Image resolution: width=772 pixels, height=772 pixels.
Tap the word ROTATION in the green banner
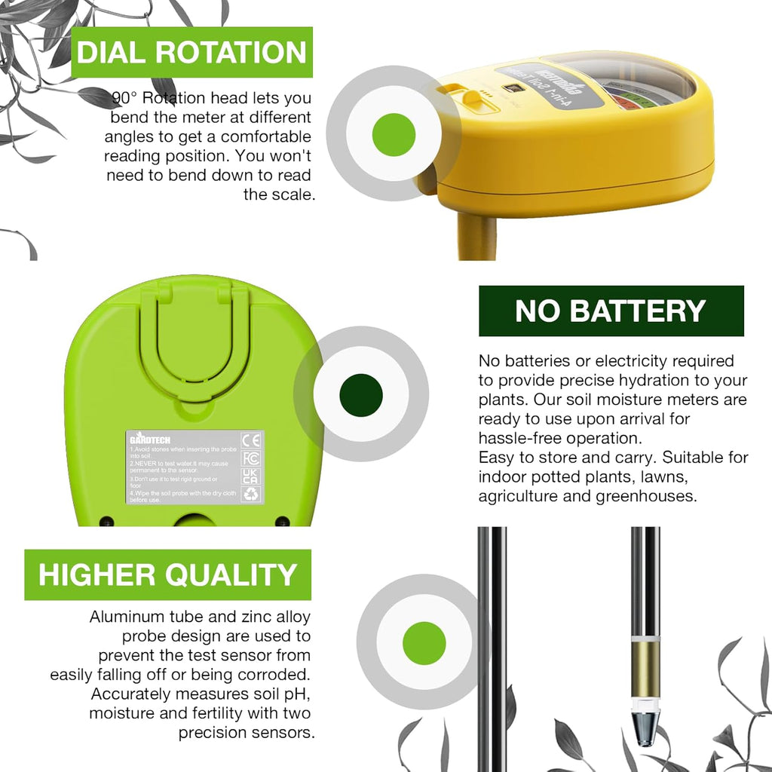pos(240,53)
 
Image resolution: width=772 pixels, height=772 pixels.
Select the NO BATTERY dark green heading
pos(611,311)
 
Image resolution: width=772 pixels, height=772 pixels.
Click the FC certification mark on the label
pos(251,458)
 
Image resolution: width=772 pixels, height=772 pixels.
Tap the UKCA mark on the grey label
pos(251,476)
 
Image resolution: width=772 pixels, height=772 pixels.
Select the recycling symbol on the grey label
pos(251,494)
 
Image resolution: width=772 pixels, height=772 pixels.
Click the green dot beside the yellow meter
pos(394,134)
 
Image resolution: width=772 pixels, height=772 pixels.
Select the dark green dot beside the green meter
pos(361,395)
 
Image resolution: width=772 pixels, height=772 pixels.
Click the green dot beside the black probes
pos(424,644)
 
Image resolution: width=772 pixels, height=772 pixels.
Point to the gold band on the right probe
pos(645,669)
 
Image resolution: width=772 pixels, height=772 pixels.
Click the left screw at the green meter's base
pos(106,521)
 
